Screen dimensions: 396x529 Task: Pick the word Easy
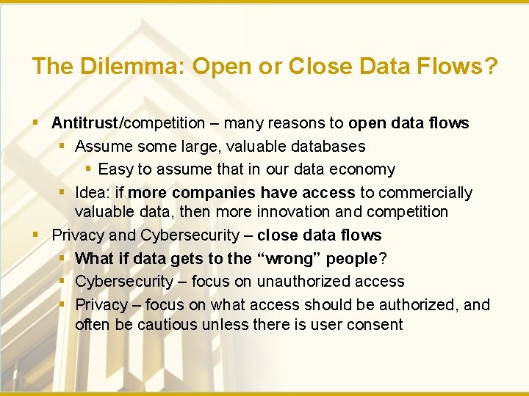click(115, 169)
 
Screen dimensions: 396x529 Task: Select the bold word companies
click(211, 192)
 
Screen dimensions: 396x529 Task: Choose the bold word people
click(351, 258)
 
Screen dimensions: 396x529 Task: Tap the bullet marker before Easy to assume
click(88, 169)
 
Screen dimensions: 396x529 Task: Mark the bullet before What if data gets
click(65, 258)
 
